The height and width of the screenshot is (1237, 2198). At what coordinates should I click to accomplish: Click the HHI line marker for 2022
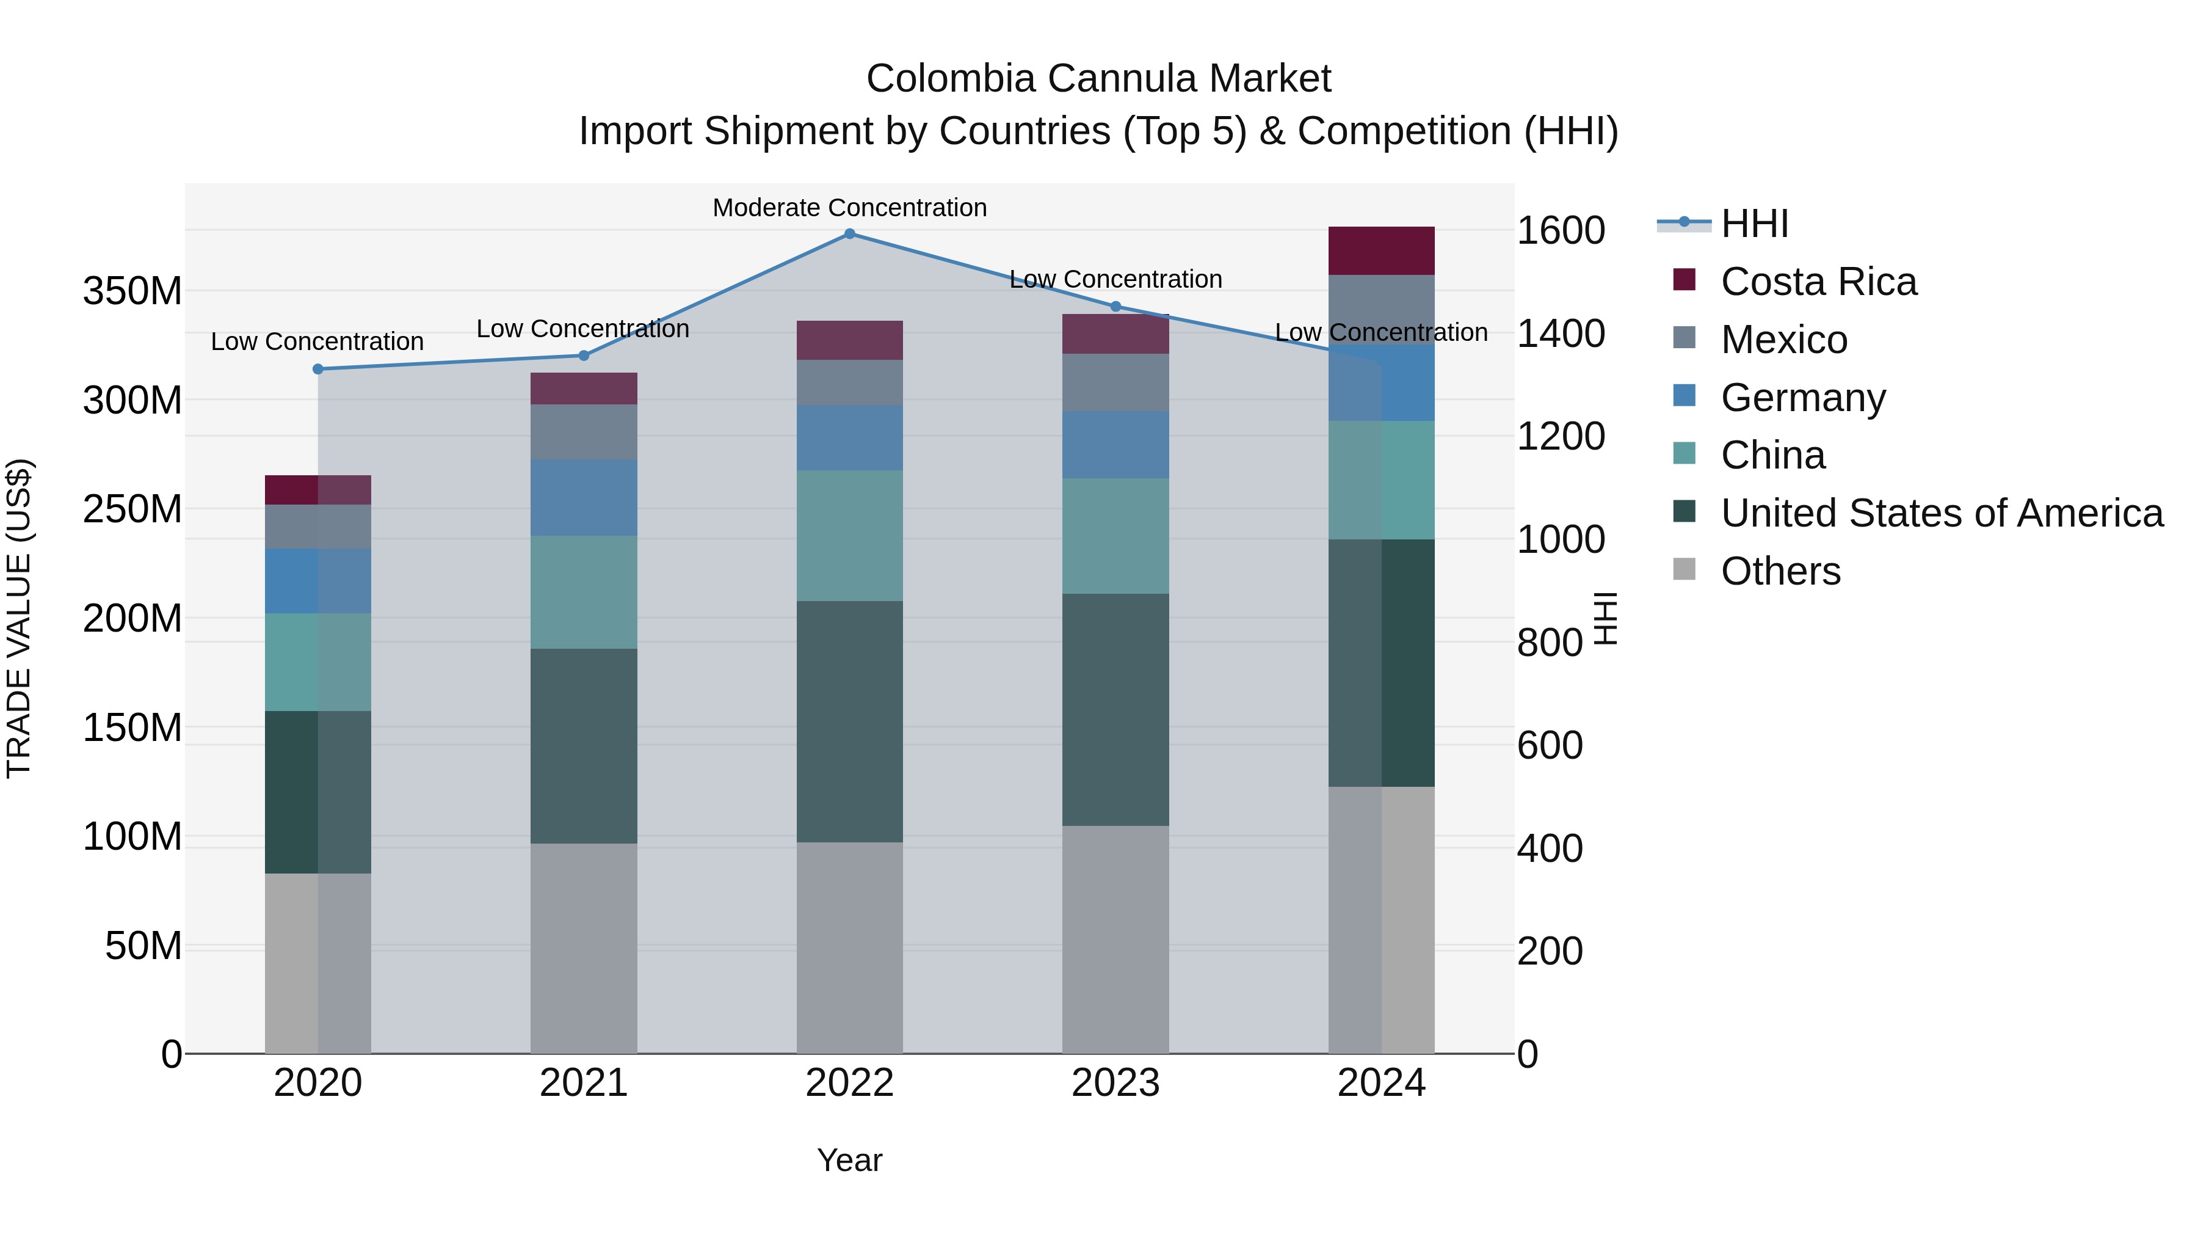coord(849,234)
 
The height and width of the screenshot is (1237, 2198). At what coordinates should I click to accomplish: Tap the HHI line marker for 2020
coord(318,369)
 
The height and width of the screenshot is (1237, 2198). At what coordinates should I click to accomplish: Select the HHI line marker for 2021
coord(584,355)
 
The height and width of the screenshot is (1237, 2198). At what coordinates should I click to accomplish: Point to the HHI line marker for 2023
coord(1115,307)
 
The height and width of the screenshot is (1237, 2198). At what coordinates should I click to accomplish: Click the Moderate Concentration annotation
coord(849,208)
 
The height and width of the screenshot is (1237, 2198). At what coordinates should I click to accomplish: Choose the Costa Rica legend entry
coord(1818,282)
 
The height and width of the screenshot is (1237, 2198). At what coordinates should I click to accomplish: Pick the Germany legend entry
coord(1802,398)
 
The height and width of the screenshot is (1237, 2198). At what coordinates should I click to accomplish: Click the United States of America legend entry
coord(1941,513)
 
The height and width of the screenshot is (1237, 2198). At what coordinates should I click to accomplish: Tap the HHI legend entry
coord(1754,224)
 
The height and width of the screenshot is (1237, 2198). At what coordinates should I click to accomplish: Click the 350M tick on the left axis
coord(132,292)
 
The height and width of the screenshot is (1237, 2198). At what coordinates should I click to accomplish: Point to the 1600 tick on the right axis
coord(1560,230)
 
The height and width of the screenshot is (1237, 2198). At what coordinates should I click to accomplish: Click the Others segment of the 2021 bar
coord(584,947)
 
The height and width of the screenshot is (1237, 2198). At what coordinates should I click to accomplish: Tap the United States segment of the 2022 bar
coord(849,721)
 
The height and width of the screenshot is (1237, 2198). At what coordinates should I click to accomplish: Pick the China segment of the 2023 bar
coord(1115,536)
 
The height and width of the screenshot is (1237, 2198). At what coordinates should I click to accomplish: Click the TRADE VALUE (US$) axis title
coord(19,618)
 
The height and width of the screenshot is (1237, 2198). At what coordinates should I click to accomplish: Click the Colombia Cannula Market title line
coord(1098,79)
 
